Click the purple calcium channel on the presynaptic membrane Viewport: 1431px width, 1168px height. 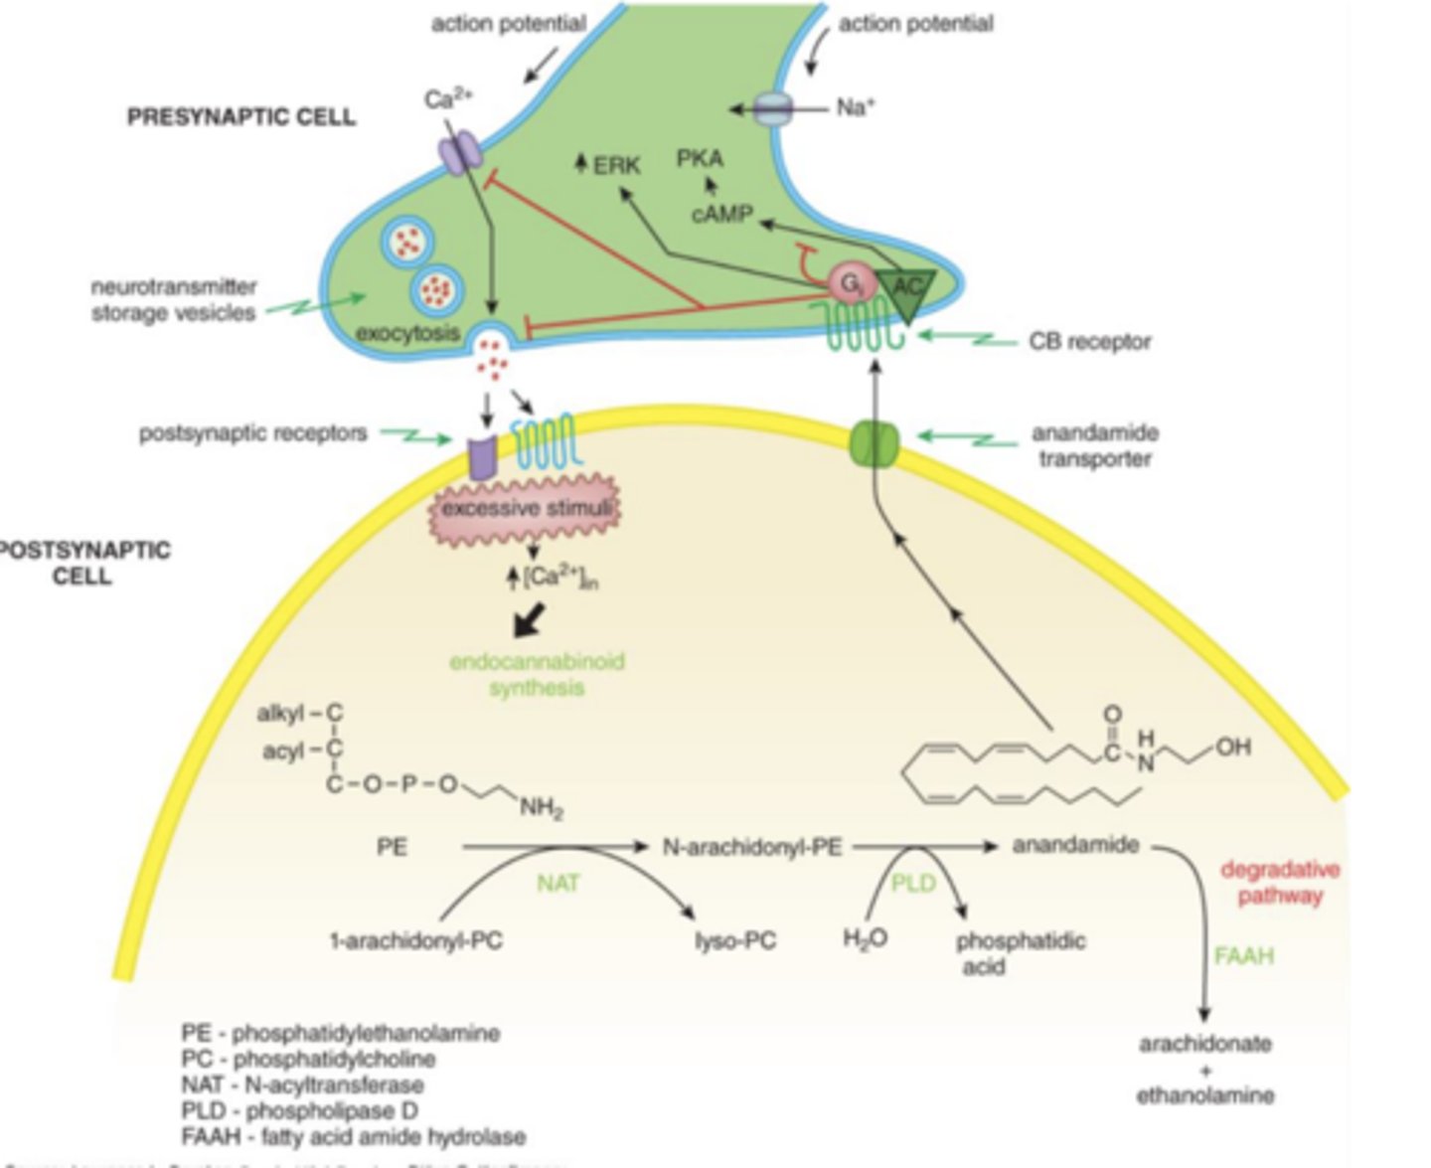[x=459, y=156]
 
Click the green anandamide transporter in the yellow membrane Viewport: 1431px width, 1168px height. [x=874, y=444]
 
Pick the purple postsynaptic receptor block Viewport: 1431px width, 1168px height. [x=481, y=456]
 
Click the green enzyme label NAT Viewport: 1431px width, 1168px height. [x=557, y=883]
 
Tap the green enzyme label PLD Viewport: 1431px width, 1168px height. [x=912, y=883]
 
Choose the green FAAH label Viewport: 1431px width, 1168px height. [x=1242, y=956]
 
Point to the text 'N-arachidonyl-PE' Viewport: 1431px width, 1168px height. [x=752, y=847]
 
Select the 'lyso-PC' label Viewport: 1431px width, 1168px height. [x=735, y=940]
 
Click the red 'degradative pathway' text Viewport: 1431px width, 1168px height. [x=1280, y=883]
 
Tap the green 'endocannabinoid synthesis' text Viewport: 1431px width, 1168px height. [x=537, y=674]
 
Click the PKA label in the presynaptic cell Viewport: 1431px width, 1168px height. [x=700, y=158]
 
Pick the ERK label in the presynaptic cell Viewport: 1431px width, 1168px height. [x=616, y=165]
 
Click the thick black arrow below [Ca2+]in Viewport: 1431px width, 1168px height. [x=529, y=620]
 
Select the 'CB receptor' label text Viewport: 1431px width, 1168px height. [x=1089, y=341]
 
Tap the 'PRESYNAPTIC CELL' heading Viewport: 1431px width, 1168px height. [x=240, y=117]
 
